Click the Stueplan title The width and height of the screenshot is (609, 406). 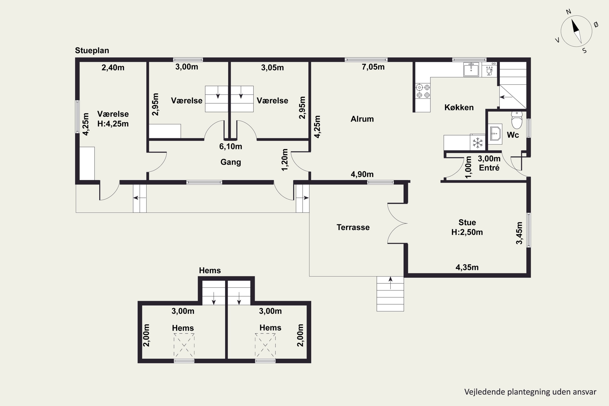point(92,51)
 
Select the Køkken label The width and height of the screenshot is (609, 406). point(459,107)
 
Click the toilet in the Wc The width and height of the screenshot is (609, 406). point(517,120)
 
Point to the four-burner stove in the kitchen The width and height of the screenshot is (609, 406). point(423,91)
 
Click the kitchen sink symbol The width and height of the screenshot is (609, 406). point(471,70)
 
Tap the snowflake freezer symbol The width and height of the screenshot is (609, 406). point(478,143)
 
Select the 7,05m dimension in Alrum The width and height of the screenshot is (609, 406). point(373,67)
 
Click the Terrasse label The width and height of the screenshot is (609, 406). point(353,227)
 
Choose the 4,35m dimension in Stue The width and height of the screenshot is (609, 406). point(467,267)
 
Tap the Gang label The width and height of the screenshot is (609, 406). point(230,162)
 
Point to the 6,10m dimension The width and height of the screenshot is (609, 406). point(230,147)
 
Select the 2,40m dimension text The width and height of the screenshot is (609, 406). point(113,68)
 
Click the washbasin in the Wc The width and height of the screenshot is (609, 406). point(495,134)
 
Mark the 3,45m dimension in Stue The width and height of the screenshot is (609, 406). point(519,233)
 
